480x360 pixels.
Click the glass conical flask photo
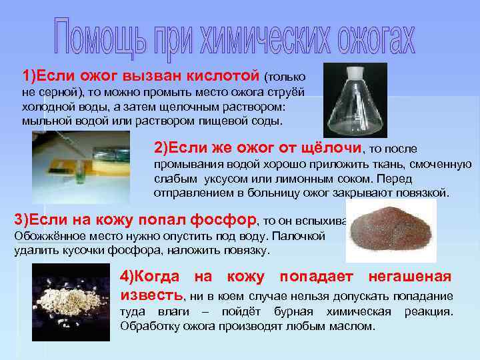(346, 100)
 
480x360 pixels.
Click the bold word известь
(150, 295)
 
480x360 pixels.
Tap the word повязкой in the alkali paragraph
(425, 193)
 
